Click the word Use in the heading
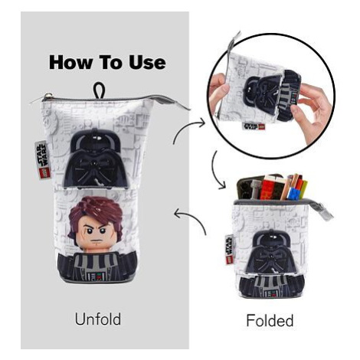point(147,63)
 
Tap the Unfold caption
point(98,319)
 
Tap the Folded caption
point(270,320)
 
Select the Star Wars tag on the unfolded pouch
point(42,160)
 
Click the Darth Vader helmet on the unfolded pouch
point(95,159)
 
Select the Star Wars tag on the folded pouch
point(229,249)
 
